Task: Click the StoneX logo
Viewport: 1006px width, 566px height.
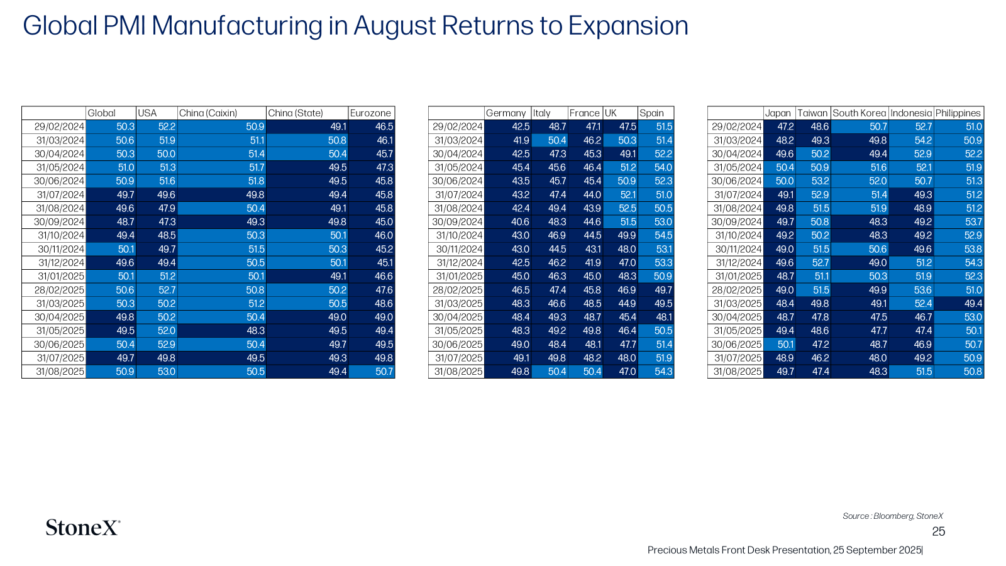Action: [x=83, y=528]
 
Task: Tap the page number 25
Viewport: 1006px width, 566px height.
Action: [x=938, y=531]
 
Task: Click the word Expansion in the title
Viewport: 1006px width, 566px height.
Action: [x=628, y=26]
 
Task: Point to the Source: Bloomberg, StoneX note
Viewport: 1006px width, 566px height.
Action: [x=893, y=516]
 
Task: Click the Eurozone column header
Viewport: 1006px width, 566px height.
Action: [x=370, y=113]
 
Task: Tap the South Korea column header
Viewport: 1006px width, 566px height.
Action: [x=859, y=113]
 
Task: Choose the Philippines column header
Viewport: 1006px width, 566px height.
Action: [x=958, y=113]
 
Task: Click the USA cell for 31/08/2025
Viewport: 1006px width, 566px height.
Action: [x=157, y=372]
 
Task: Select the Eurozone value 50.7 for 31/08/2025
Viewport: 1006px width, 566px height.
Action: [x=372, y=372]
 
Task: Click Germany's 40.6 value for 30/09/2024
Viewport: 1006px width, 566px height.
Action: [x=507, y=222]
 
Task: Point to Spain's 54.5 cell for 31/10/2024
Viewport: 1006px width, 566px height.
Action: [x=656, y=235]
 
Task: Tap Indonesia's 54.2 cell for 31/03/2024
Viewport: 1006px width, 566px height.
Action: [x=911, y=141]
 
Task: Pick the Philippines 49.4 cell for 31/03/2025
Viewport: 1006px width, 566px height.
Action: [x=959, y=304]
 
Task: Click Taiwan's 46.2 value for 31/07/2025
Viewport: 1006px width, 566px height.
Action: [x=813, y=358]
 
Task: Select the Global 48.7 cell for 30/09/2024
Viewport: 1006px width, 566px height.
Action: [x=111, y=222]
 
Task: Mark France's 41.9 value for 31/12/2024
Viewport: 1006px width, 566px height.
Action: [x=585, y=263]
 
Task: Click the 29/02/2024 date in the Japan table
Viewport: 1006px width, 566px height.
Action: [x=736, y=127]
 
